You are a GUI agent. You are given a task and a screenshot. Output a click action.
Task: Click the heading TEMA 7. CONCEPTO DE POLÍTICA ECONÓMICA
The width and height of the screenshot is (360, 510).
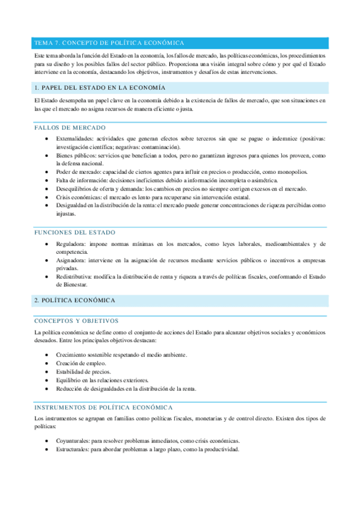pyautogui.click(x=109, y=43)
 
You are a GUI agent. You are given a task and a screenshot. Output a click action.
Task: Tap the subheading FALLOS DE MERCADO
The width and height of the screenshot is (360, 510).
pyautogui.click(x=70, y=128)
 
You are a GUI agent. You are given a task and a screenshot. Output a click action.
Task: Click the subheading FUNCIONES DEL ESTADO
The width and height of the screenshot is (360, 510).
pyautogui.click(x=75, y=232)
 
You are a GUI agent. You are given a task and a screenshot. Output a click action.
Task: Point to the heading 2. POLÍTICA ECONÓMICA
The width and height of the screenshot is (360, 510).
pyautogui.click(x=75, y=300)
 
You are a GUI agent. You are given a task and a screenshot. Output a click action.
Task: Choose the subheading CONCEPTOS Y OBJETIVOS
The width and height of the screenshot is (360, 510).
pyautogui.click(x=76, y=321)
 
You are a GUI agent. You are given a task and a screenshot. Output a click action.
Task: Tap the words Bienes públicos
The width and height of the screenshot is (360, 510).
pyautogui.click(x=76, y=155)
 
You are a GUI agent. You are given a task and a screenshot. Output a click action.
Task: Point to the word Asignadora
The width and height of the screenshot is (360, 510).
pyautogui.click(x=70, y=260)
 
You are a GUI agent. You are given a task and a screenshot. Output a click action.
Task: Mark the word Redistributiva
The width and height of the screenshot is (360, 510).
pyautogui.click(x=74, y=277)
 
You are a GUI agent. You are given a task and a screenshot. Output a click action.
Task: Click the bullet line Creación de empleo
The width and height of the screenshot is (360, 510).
pyautogui.click(x=81, y=363)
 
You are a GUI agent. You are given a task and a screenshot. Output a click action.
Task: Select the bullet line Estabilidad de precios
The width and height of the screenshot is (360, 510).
pyautogui.click(x=84, y=372)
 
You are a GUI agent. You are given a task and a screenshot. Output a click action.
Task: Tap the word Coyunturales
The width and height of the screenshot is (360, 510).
pyautogui.click(x=73, y=440)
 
